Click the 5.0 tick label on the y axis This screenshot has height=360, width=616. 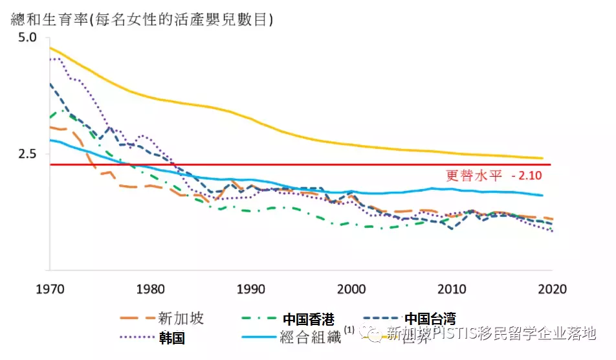click(x=29, y=38)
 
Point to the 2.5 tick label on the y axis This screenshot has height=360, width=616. click(x=29, y=154)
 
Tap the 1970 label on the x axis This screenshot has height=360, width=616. click(x=50, y=288)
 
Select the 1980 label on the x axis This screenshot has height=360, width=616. click(x=151, y=288)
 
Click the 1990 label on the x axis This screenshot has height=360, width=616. click(x=251, y=288)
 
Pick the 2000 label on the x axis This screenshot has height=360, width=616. click(x=351, y=288)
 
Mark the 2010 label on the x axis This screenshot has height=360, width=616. click(x=451, y=288)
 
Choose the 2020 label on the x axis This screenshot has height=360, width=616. click(x=551, y=288)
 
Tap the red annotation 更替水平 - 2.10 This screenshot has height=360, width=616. click(x=493, y=175)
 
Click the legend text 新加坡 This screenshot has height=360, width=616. click(x=181, y=318)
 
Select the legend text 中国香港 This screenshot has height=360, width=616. click(x=309, y=319)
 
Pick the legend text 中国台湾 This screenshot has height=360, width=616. click(x=430, y=319)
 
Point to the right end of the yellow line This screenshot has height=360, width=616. click(x=542, y=158)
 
